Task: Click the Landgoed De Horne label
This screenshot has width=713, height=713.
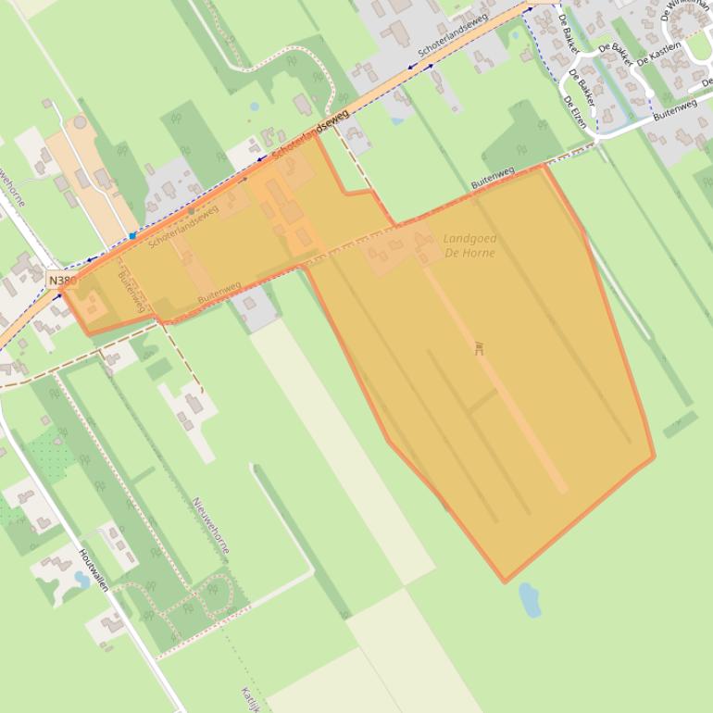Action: coord(469,245)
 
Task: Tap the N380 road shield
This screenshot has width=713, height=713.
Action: coord(61,280)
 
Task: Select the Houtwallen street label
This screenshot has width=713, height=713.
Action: coord(94,571)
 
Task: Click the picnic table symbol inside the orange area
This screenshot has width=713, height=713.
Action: coord(479,349)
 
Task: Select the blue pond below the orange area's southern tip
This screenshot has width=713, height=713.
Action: coord(530,600)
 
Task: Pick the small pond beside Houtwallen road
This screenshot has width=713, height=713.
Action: coord(81,580)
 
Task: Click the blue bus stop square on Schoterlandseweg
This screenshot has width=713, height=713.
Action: coord(132,236)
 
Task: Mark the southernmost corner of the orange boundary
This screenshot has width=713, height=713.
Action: coord(505,582)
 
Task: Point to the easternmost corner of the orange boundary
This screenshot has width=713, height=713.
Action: coord(654,457)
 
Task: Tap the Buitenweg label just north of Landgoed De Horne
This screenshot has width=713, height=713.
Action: coord(493,178)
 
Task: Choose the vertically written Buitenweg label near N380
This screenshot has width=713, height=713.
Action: coord(132,292)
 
